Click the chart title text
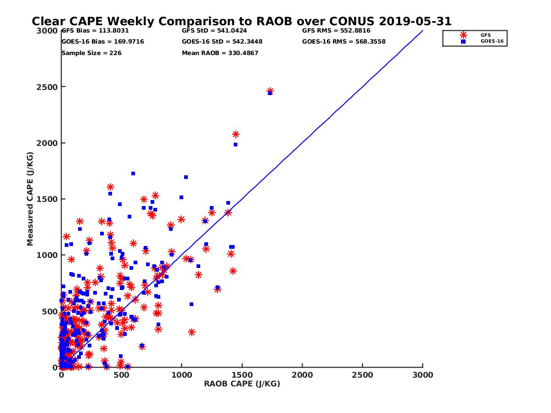click(242, 21)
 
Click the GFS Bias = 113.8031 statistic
click(95, 31)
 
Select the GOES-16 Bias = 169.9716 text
click(103, 41)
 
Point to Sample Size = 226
click(91, 53)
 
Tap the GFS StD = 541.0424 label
click(214, 31)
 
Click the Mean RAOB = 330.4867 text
click(220, 53)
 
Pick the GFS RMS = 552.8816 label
click(336, 31)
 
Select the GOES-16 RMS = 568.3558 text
click(344, 41)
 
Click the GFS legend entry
click(485, 35)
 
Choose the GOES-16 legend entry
click(489, 41)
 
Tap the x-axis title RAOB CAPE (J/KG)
click(242, 384)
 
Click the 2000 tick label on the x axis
click(302, 375)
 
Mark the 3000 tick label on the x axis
click(422, 375)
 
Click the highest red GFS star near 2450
click(270, 91)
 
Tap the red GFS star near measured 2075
click(236, 134)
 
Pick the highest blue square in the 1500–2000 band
click(133, 173)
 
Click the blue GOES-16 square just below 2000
click(236, 145)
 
